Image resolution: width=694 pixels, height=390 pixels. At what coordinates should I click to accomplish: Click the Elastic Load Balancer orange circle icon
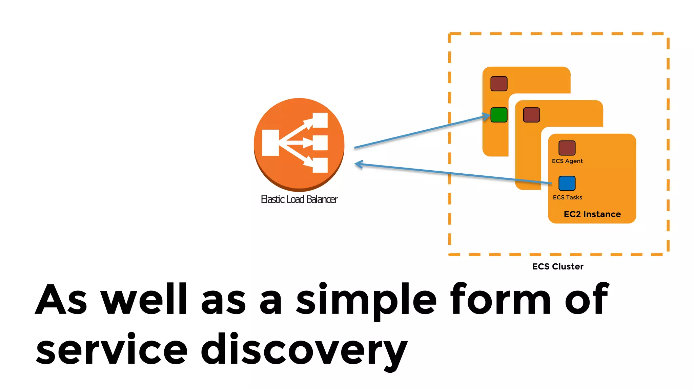(x=299, y=144)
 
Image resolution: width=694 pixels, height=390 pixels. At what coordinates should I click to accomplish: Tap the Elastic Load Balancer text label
(x=299, y=199)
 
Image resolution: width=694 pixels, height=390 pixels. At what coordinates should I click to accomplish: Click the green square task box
(x=499, y=115)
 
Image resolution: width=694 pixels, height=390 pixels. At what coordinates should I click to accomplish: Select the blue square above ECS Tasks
(x=567, y=183)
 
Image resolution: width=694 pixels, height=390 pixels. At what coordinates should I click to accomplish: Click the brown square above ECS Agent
(x=567, y=148)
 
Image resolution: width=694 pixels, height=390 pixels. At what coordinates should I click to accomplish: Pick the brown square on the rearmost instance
(x=499, y=84)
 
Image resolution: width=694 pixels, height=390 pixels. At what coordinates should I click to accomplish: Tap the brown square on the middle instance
(x=531, y=115)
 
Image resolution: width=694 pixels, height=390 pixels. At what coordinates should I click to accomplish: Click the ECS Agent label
(x=567, y=161)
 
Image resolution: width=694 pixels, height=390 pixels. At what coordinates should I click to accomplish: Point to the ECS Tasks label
(x=567, y=197)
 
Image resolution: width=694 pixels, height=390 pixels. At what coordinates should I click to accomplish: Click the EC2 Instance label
(x=592, y=214)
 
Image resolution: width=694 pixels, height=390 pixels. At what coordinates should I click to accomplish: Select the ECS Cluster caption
(x=558, y=267)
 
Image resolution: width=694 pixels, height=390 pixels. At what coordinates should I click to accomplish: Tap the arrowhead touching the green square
(x=487, y=116)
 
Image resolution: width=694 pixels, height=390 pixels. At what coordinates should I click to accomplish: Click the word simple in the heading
(x=366, y=300)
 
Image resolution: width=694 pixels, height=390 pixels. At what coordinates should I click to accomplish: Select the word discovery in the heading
(x=304, y=350)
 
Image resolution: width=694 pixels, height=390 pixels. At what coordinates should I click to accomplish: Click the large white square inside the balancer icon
(x=270, y=143)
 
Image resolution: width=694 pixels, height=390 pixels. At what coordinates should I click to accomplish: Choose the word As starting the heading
(x=61, y=299)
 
